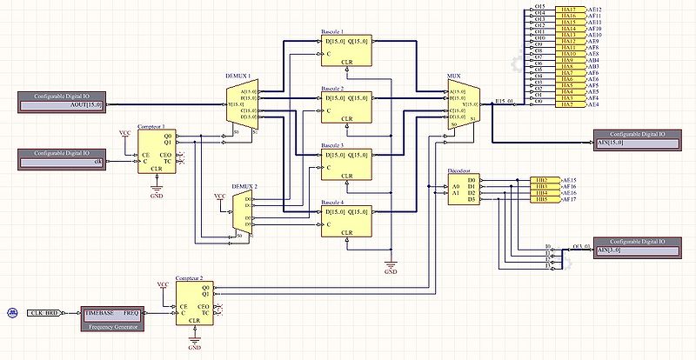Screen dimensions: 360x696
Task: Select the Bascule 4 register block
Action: point(346,221)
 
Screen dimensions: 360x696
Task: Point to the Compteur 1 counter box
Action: point(156,151)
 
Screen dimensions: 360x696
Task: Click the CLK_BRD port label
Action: point(43,311)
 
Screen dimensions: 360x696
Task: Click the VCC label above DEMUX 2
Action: point(220,197)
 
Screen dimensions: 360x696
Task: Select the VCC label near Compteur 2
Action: point(163,284)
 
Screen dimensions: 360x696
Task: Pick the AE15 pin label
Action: point(571,180)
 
